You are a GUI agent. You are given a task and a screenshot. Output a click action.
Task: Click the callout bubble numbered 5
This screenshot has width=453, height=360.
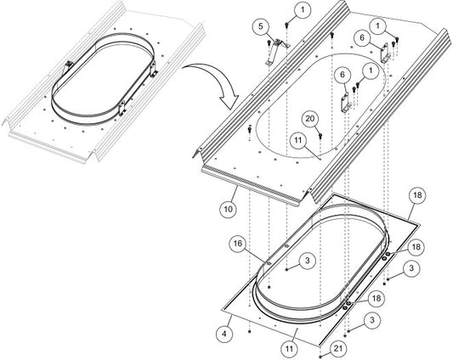[x=261, y=26]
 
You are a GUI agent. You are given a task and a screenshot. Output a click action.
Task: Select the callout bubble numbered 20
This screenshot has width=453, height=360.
[x=310, y=119]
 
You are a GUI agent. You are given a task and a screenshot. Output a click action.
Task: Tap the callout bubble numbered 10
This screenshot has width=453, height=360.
[x=229, y=209]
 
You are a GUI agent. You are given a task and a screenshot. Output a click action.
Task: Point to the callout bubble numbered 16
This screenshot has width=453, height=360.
[x=237, y=244]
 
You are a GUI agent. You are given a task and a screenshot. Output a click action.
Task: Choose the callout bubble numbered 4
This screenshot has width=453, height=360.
[x=224, y=334]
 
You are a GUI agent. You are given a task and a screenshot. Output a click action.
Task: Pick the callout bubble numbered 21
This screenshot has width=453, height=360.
[x=337, y=348]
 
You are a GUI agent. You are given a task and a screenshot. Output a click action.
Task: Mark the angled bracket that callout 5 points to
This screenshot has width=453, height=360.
[x=277, y=51]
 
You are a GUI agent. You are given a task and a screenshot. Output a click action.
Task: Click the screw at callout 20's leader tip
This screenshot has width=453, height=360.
[x=320, y=136]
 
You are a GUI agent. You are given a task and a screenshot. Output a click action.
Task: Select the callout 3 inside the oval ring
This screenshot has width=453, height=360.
[x=308, y=261]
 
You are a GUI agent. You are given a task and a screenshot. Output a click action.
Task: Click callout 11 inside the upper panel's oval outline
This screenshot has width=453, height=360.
[x=298, y=140]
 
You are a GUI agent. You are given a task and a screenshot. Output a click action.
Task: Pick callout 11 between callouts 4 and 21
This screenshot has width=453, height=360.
[x=289, y=348]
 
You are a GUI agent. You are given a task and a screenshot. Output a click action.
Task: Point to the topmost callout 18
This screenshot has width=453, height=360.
[x=417, y=195]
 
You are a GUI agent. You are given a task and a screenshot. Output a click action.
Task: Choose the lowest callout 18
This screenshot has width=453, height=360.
[x=377, y=298]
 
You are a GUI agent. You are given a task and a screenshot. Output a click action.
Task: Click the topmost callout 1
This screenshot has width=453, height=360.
[x=303, y=10]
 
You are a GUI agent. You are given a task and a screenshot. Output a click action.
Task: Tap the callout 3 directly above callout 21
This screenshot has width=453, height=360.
[x=371, y=320]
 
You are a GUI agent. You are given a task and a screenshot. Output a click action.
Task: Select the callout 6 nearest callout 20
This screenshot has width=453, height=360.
[x=343, y=75]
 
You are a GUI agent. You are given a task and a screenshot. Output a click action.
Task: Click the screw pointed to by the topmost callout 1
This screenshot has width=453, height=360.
[x=287, y=25]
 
